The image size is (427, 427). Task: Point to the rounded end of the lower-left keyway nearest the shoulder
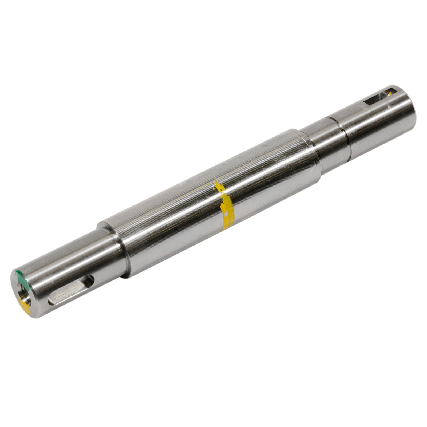(x=90, y=280)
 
